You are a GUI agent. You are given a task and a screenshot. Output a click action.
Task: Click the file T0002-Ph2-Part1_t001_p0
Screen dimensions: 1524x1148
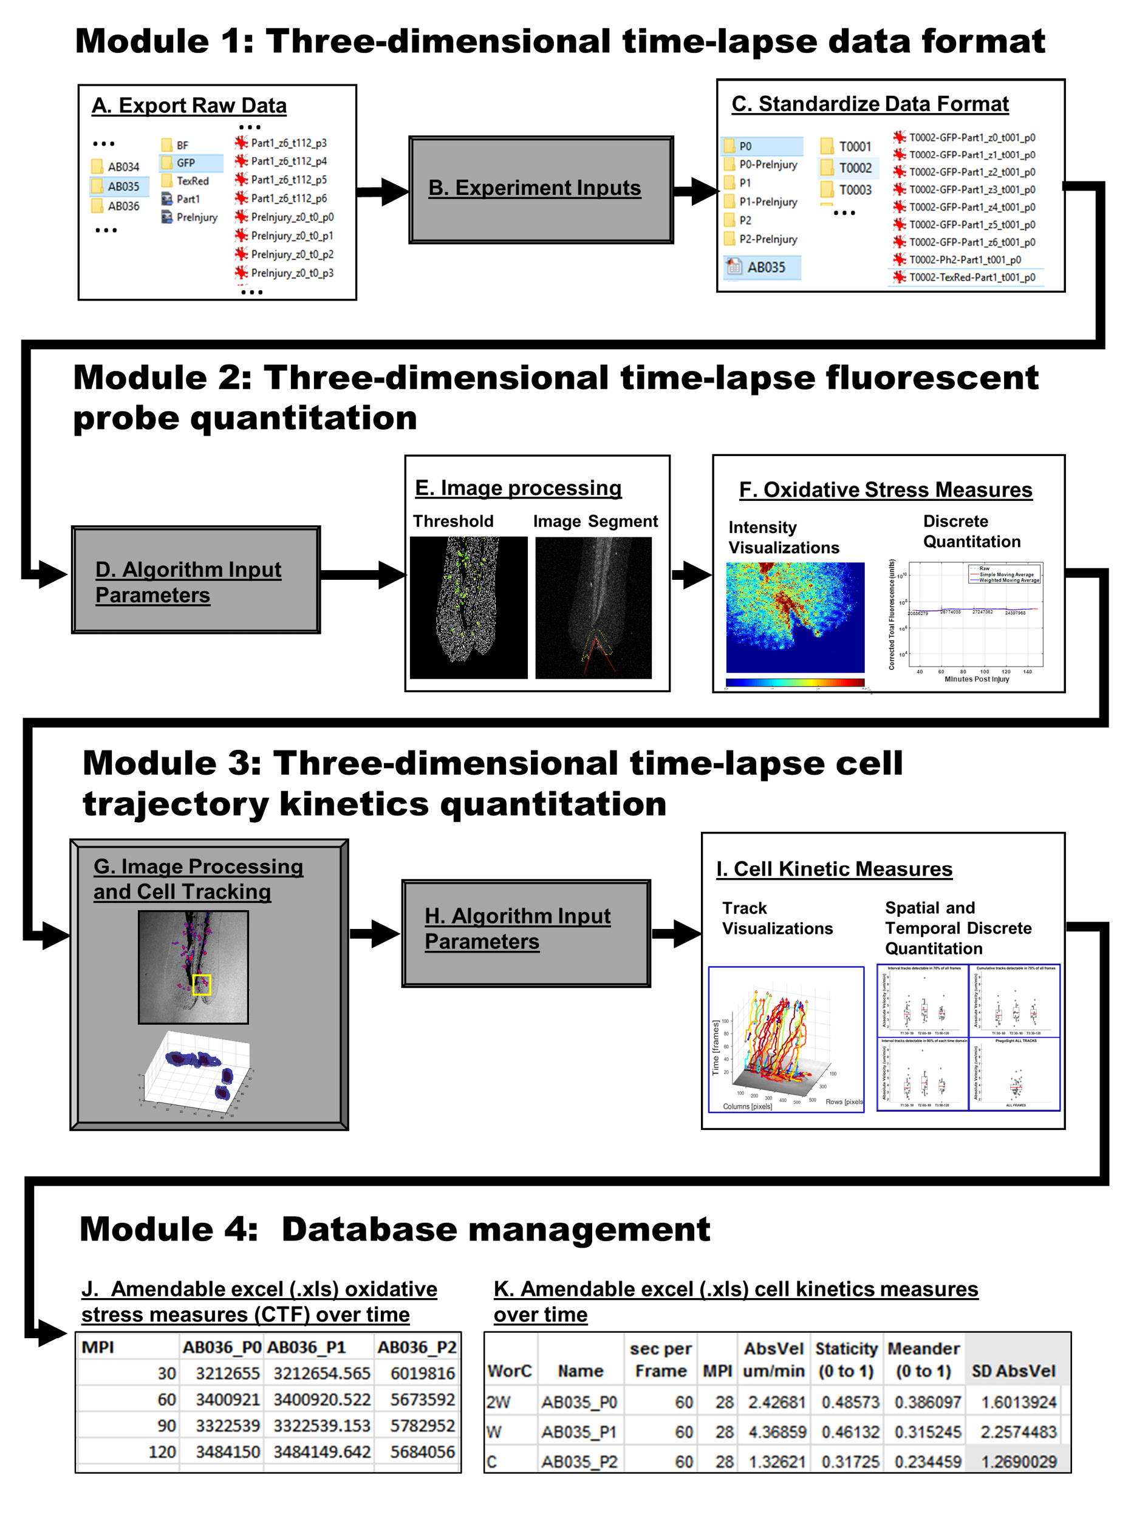pyautogui.click(x=964, y=260)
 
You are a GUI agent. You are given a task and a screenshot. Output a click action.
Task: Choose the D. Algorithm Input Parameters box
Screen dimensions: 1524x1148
pyautogui.click(x=196, y=580)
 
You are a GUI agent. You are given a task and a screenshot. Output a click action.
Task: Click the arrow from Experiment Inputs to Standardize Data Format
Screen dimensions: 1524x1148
pyautogui.click(x=695, y=190)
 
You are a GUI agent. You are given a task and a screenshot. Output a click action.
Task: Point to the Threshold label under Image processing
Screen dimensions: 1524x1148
pyautogui.click(x=453, y=522)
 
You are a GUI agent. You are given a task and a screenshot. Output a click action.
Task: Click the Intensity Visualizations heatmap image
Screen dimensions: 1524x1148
pyautogui.click(x=794, y=617)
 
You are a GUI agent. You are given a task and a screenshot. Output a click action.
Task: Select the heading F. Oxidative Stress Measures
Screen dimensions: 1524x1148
pyautogui.click(x=885, y=490)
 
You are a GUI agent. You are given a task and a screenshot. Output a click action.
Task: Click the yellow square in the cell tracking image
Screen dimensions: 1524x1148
pyautogui.click(x=201, y=985)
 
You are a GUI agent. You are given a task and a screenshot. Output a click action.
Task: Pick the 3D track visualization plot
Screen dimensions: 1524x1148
pyautogui.click(x=785, y=1039)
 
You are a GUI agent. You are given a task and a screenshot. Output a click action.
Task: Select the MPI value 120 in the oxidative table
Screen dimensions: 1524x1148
pyautogui.click(x=162, y=1452)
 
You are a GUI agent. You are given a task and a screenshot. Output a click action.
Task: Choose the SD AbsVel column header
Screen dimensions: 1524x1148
pyautogui.click(x=1013, y=1371)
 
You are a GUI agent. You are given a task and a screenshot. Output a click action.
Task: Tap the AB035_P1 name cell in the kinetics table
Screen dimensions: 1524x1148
pyautogui.click(x=579, y=1432)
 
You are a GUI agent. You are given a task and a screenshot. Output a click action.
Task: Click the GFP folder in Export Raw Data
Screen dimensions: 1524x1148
pyautogui.click(x=185, y=163)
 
